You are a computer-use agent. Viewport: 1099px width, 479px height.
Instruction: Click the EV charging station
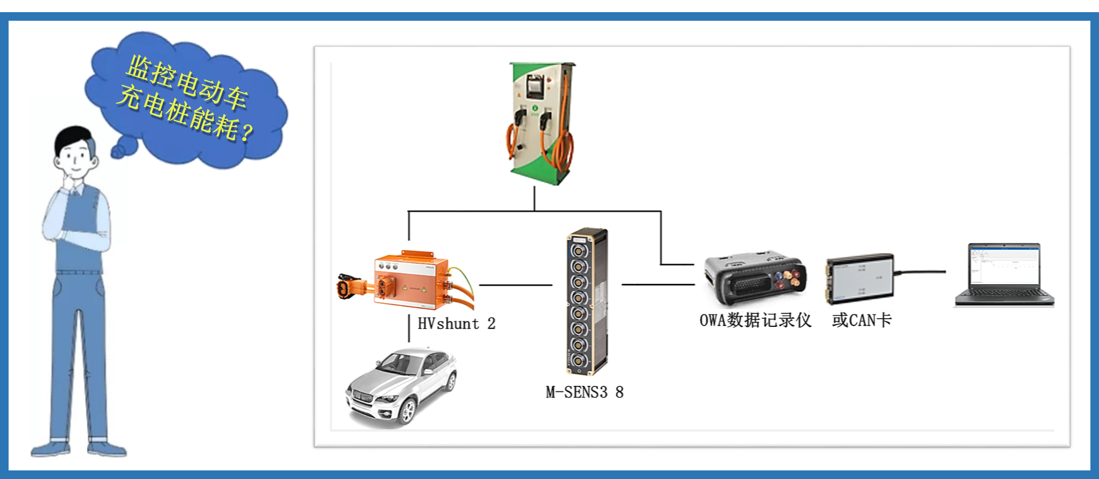pyautogui.click(x=541, y=124)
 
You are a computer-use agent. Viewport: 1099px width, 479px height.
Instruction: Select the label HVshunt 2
pyautogui.click(x=456, y=324)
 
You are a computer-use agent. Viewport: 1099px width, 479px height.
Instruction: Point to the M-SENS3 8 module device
pyautogui.click(x=586, y=301)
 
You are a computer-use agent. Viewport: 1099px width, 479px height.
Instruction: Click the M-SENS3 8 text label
pyautogui.click(x=584, y=392)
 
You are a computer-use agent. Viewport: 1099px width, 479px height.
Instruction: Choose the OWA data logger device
pyautogui.click(x=755, y=278)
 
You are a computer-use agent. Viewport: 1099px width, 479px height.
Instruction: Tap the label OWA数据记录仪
pyautogui.click(x=755, y=320)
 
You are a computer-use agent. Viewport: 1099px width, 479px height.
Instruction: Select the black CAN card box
pyautogui.click(x=859, y=278)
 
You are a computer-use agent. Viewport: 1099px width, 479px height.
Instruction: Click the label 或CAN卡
pyautogui.click(x=862, y=320)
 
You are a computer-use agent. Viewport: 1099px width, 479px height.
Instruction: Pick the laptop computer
pyautogui.click(x=1003, y=276)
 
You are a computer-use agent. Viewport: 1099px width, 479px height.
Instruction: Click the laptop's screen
pyautogui.click(x=1003, y=266)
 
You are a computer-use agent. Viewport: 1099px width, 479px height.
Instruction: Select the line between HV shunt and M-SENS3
pyautogui.click(x=516, y=285)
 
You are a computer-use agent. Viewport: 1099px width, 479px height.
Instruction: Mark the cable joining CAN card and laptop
pyautogui.click(x=920, y=272)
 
